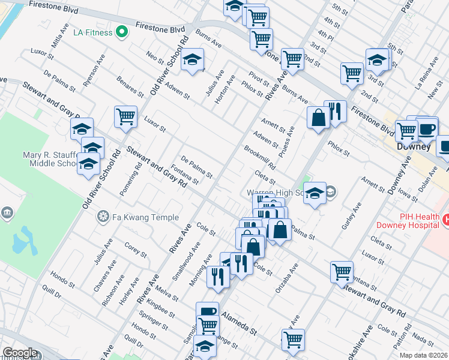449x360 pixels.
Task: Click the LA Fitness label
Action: pyautogui.click(x=92, y=32)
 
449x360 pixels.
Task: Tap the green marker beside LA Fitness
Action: pyautogui.click(x=122, y=32)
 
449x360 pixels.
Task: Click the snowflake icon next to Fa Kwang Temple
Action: pyautogui.click(x=104, y=216)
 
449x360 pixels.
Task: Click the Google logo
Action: pyautogui.click(x=19, y=353)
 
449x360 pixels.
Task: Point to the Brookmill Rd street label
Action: pyautogui.click(x=259, y=157)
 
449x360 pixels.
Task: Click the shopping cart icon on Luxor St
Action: pyautogui.click(x=125, y=116)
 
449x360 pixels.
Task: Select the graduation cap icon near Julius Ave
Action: pyautogui.click(x=193, y=60)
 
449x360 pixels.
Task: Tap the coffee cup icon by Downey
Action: pyautogui.click(x=427, y=128)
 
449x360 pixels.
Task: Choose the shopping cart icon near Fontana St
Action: pyautogui.click(x=342, y=271)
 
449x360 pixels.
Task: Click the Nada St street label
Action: pyautogui.click(x=423, y=341)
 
